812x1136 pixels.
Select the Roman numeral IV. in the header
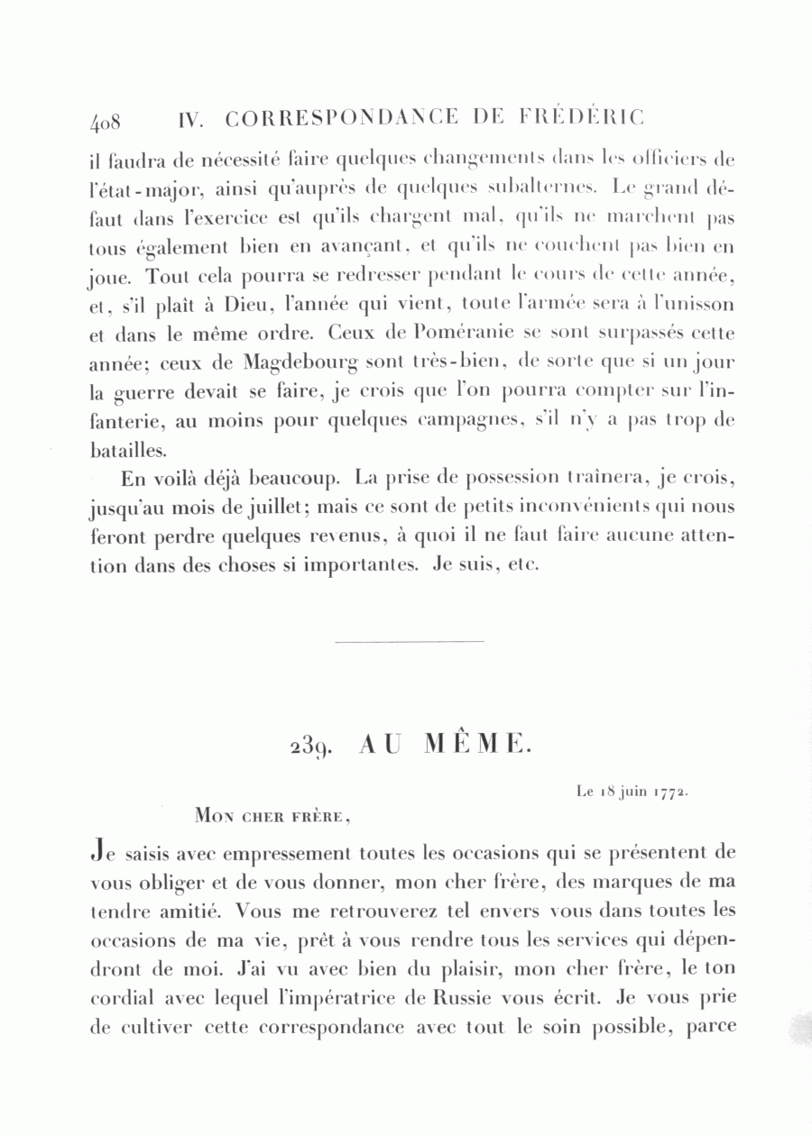[x=195, y=119]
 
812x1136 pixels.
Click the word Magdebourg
[x=300, y=363]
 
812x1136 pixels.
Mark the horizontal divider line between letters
[x=409, y=641]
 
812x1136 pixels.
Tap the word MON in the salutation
[x=215, y=818]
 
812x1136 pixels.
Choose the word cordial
[x=125, y=998]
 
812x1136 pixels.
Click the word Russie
[x=475, y=998]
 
